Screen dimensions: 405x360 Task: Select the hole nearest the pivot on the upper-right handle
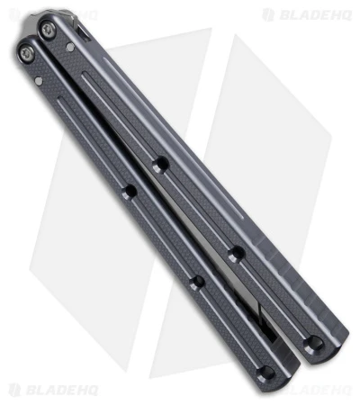[x=161, y=165]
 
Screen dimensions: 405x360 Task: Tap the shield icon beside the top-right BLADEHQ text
[x=268, y=14]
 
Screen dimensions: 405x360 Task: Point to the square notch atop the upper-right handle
[x=82, y=28]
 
